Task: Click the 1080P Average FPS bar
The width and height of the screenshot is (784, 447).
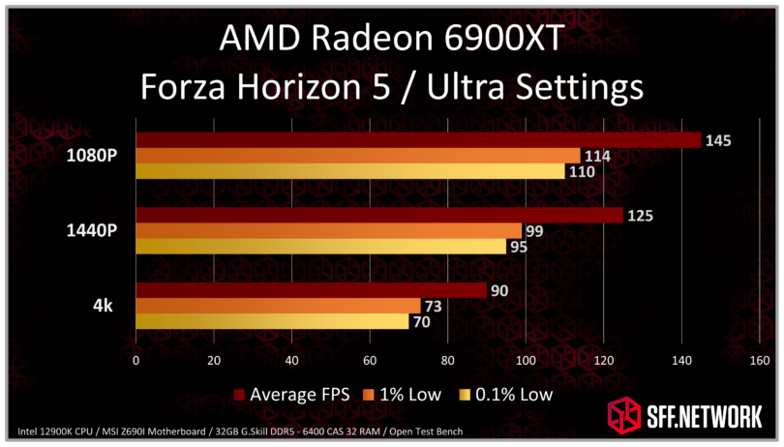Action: pyautogui.click(x=418, y=140)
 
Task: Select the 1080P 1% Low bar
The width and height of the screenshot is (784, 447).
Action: pyautogui.click(x=358, y=156)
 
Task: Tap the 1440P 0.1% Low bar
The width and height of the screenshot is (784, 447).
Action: pyautogui.click(x=320, y=247)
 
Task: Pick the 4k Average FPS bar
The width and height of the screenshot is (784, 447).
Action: pyautogui.click(x=311, y=290)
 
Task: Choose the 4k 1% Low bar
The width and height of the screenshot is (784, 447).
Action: pyautogui.click(x=278, y=306)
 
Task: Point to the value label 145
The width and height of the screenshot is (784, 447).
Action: pyautogui.click(x=718, y=140)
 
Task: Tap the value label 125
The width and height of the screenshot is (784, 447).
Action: pyautogui.click(x=640, y=216)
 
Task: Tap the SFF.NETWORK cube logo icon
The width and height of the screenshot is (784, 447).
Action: pyautogui.click(x=623, y=416)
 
